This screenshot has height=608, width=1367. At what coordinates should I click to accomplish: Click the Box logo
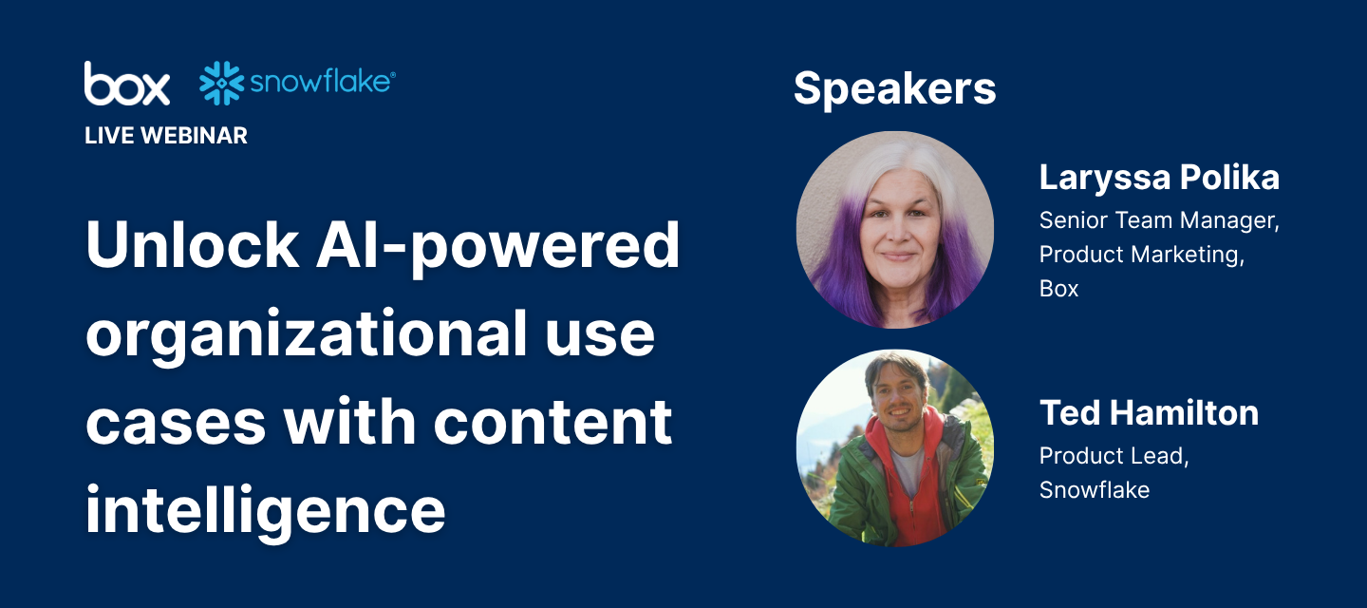pyautogui.click(x=127, y=83)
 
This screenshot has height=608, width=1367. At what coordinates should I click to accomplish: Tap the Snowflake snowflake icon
pyautogui.click(x=221, y=83)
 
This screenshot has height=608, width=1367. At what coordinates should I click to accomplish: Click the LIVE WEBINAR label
pyautogui.click(x=166, y=136)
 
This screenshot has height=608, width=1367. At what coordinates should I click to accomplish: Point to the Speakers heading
pyautogui.click(x=894, y=89)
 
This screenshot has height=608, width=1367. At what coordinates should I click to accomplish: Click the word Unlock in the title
pyautogui.click(x=192, y=245)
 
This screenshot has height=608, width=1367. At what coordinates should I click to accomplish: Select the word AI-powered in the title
pyautogui.click(x=497, y=247)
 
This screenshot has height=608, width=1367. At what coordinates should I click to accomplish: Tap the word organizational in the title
pyautogui.click(x=307, y=335)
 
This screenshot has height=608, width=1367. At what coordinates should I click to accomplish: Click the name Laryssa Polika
pyautogui.click(x=1159, y=179)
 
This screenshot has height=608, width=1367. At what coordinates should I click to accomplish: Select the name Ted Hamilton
pyautogui.click(x=1149, y=412)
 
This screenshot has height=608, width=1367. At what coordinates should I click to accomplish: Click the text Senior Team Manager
pyautogui.click(x=1159, y=220)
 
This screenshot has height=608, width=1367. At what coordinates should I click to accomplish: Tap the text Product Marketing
pyautogui.click(x=1142, y=255)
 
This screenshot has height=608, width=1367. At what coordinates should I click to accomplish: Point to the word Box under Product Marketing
pyautogui.click(x=1058, y=289)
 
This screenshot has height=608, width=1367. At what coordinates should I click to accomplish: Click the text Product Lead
pyautogui.click(x=1114, y=456)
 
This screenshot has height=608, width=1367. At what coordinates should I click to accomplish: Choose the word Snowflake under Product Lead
pyautogui.click(x=1095, y=490)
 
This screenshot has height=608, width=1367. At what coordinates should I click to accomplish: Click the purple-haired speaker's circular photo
pyautogui.click(x=894, y=230)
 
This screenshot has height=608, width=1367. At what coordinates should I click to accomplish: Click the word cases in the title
pyautogui.click(x=176, y=424)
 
